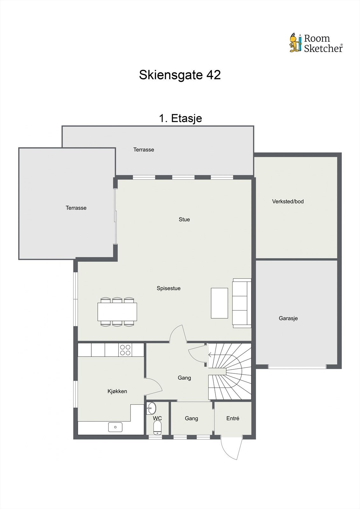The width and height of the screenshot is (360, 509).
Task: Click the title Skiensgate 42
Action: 180,75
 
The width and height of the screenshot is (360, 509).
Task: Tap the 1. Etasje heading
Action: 180,118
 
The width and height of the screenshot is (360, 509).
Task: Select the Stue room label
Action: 184,220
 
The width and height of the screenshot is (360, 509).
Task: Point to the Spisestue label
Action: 168,288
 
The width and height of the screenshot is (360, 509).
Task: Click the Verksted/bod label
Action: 288,201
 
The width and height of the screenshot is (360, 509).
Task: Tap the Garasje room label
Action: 288,318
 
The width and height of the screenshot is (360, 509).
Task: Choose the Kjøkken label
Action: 117,391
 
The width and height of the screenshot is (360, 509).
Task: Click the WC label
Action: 157,418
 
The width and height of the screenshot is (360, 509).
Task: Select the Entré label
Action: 233,418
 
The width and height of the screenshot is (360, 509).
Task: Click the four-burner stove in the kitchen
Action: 125,350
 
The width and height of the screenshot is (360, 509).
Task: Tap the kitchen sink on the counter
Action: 115,427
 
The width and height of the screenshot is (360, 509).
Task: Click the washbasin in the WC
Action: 151,408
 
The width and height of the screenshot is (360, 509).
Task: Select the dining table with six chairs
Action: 117,312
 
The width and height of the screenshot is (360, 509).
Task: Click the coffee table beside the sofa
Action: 219,303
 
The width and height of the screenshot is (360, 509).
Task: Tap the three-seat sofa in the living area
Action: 242,303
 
